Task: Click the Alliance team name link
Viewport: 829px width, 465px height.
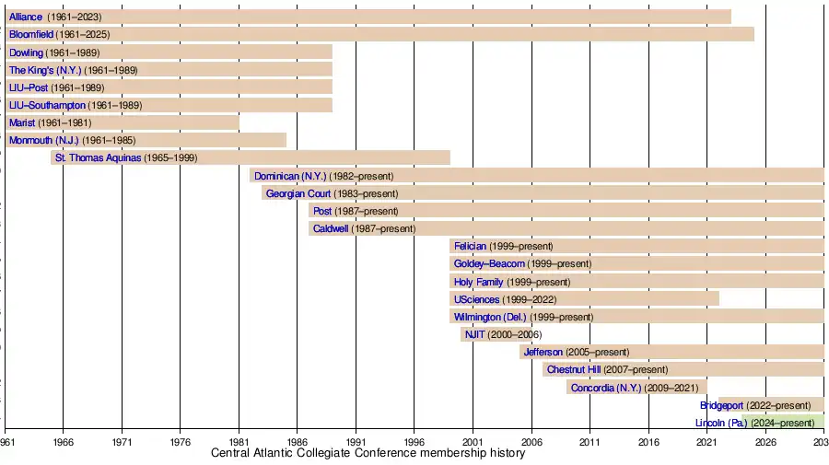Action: click(25, 17)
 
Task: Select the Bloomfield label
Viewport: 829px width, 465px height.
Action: click(31, 34)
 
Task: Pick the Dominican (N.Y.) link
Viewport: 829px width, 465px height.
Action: click(290, 176)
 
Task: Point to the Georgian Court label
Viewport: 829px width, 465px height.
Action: click(298, 193)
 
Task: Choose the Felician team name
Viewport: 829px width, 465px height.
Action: click(470, 246)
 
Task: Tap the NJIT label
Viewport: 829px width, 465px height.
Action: click(474, 334)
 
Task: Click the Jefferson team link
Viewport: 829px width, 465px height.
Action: click(543, 352)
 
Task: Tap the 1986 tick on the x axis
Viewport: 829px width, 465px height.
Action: click(297, 442)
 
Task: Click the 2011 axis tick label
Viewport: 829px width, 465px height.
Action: click(590, 442)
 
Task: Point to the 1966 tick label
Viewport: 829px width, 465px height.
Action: click(63, 442)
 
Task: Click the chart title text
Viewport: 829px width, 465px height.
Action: click(368, 453)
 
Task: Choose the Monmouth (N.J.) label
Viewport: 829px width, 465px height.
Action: click(43, 140)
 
